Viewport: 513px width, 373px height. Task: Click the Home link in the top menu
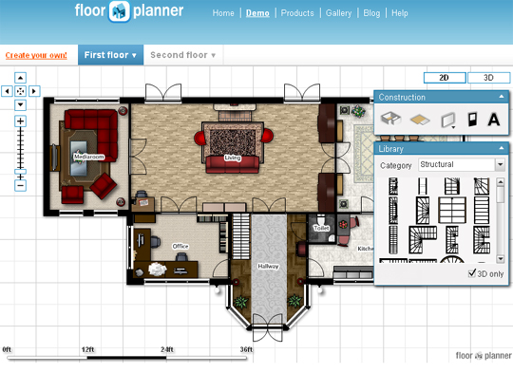point(223,13)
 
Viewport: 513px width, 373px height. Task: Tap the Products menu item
point(297,13)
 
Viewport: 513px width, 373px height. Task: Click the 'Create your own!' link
point(36,55)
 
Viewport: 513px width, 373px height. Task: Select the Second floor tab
point(182,55)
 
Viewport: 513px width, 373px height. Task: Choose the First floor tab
point(110,55)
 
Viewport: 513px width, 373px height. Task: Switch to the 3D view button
point(488,77)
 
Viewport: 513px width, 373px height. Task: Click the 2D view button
point(444,77)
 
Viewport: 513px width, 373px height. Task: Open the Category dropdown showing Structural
point(462,165)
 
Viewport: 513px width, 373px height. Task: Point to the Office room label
point(180,246)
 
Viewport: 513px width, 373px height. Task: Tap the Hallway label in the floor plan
point(268,267)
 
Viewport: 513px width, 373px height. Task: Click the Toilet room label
point(320,229)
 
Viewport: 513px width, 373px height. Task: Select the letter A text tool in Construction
point(494,119)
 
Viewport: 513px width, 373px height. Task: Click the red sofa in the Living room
point(234,161)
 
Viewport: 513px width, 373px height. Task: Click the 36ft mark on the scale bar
point(246,350)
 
